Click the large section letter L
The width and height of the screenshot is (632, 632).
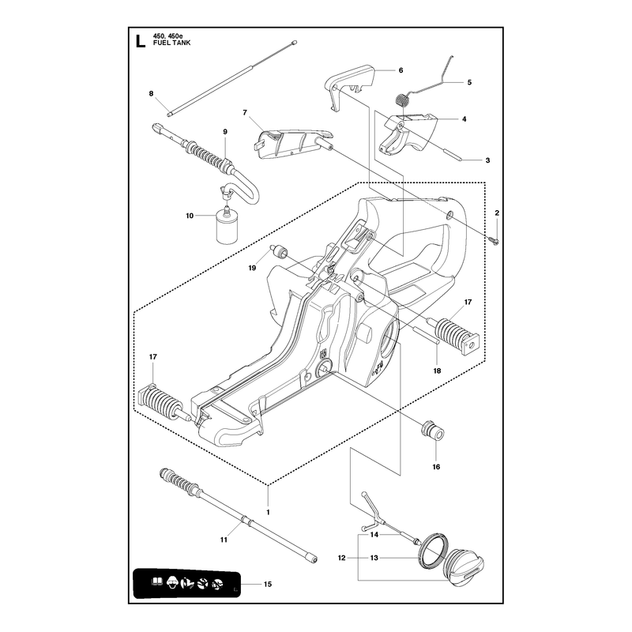pos(140,42)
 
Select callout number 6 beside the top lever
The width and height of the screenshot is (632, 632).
pos(401,70)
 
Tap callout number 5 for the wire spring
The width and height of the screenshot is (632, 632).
pos(469,82)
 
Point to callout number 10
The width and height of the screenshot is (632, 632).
pos(190,216)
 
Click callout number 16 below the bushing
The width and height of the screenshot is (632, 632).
pos(436,467)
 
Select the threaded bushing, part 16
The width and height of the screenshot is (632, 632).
pos(432,430)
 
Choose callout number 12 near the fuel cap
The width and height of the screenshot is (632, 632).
pos(342,558)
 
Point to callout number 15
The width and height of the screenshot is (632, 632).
pos(268,584)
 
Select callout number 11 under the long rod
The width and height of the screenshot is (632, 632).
pos(224,540)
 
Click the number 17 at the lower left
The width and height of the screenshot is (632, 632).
pos(152,357)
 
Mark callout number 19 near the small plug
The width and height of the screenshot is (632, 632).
pos(252,268)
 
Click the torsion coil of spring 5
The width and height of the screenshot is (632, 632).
pos(401,100)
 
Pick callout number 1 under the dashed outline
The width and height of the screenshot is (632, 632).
pos(268,512)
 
